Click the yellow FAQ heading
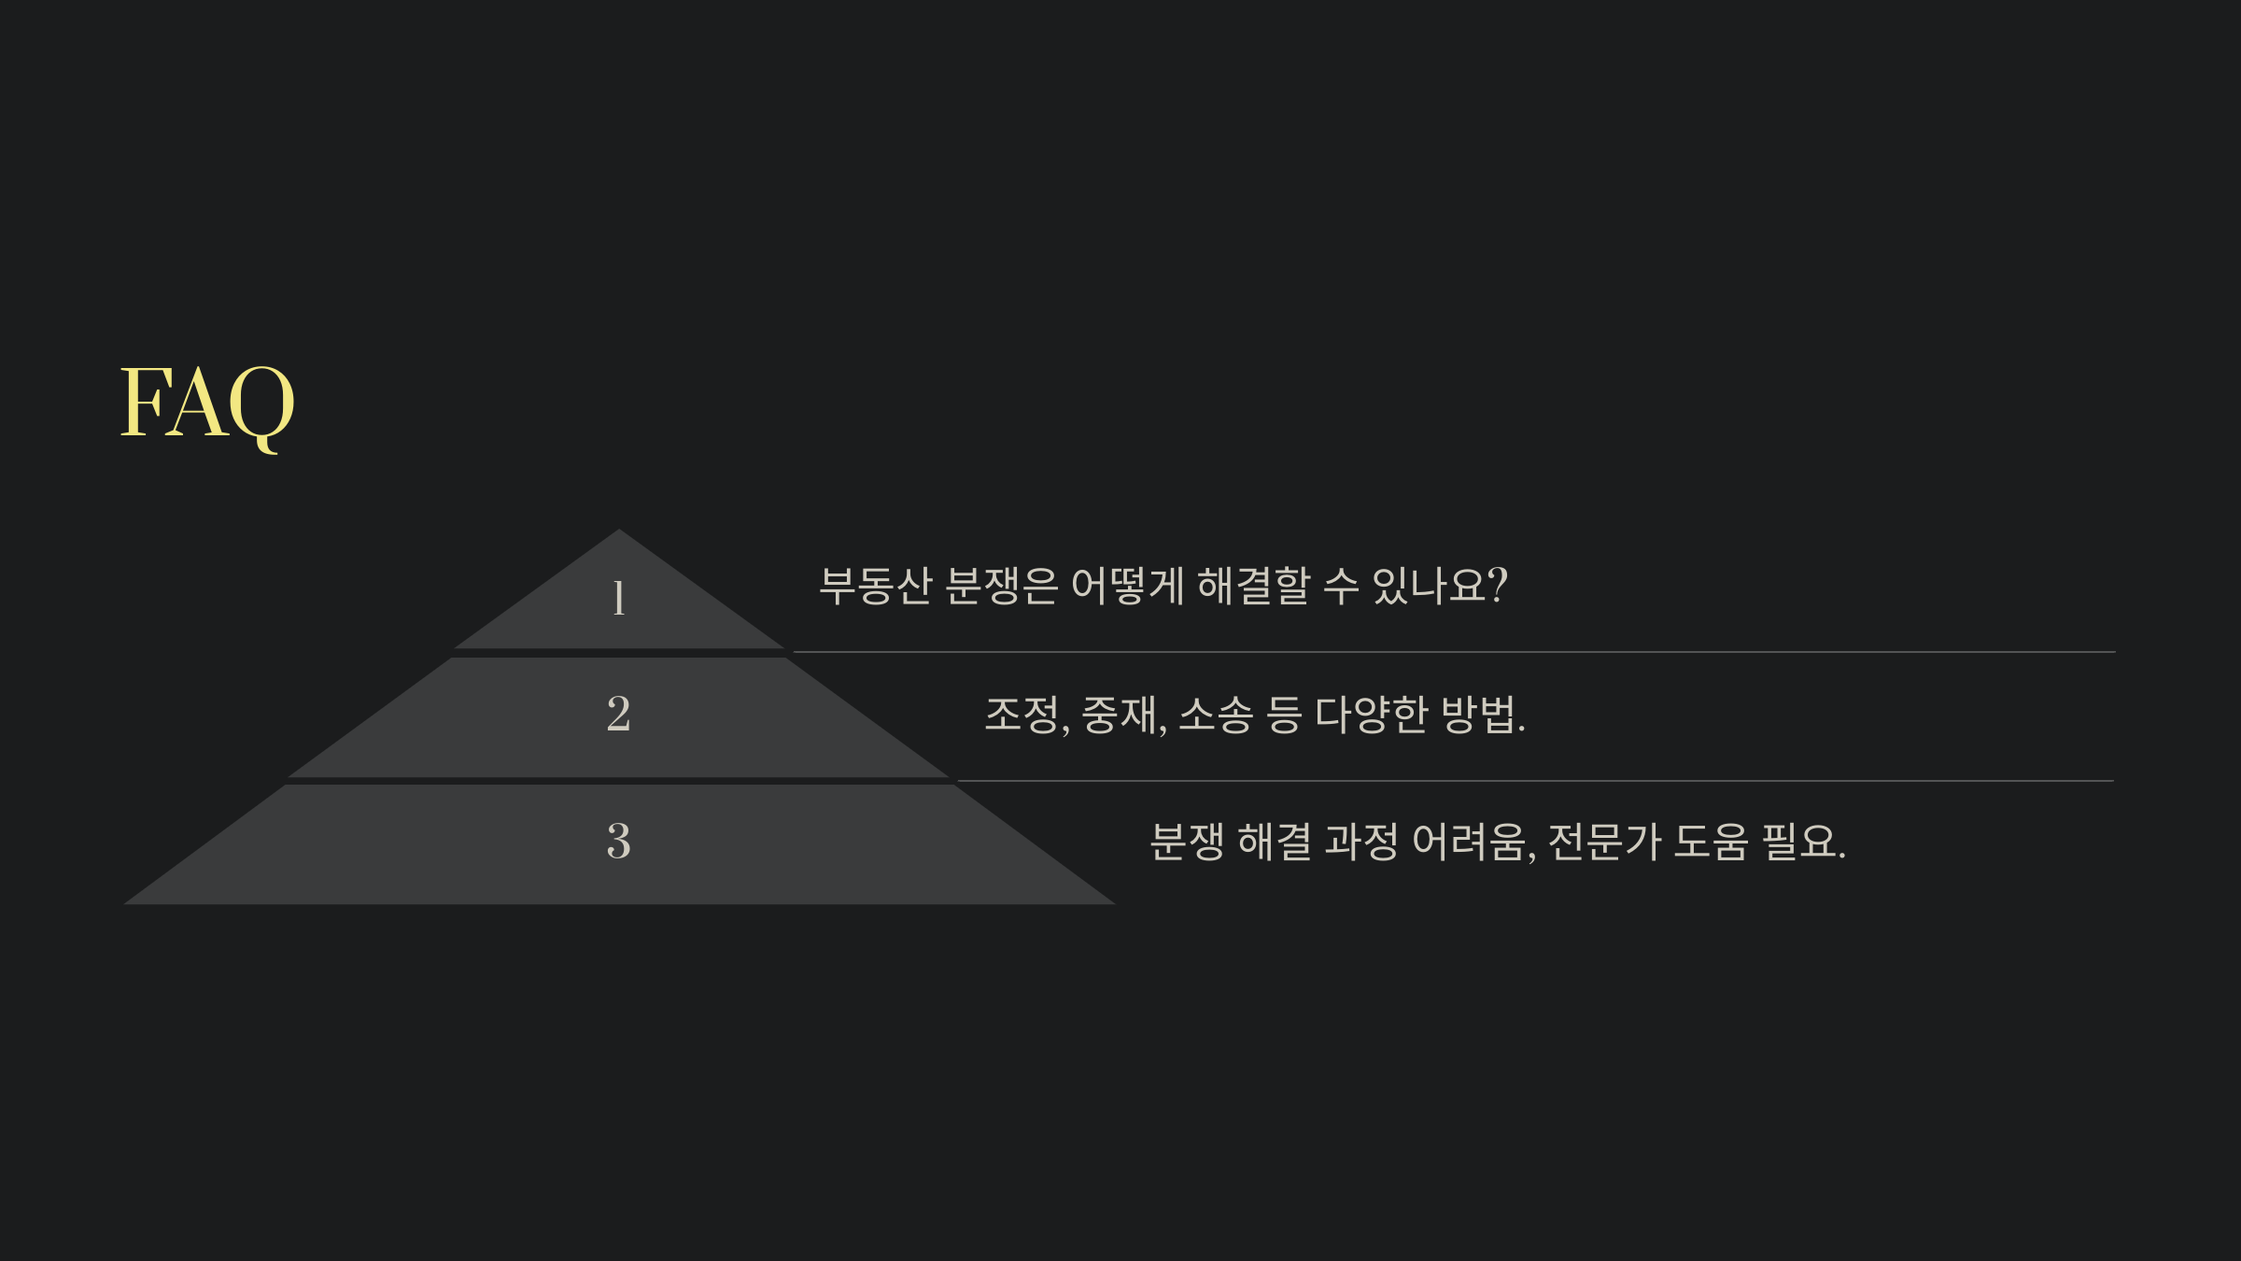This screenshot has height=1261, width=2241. pos(207,403)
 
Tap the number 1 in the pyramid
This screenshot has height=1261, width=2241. pos(618,598)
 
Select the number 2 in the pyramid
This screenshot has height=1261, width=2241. pos(618,715)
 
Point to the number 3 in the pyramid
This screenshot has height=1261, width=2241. pos(618,841)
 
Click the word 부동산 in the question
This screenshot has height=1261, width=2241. pos(875,586)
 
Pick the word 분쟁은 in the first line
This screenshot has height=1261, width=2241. pos(1001,586)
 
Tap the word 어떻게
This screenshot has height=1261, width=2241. pos(1127,586)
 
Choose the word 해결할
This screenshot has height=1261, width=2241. pos(1253,586)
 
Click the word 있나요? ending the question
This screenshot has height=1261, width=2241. pos(1439,586)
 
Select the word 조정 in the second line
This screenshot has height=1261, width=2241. pos(1023,716)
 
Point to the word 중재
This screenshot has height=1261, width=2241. pos(1120,716)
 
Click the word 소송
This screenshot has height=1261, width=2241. pos(1215,716)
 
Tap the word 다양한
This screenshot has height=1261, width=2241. pos(1372,716)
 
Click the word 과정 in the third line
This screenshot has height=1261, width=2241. pos(1361,842)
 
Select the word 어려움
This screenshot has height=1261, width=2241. pos(1470,842)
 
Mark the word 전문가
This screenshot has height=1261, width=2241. pos(1604,842)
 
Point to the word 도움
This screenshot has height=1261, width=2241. pos(1711,842)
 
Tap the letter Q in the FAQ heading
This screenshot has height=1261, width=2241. pos(261,404)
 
